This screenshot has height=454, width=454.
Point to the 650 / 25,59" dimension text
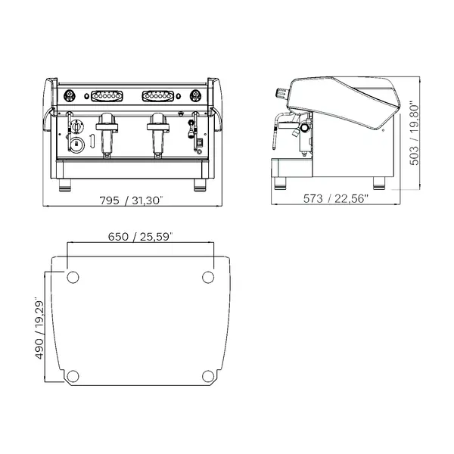pos(141,236)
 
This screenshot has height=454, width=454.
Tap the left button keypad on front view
pos(107,95)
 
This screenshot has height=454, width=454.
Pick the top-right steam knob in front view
pos(197,95)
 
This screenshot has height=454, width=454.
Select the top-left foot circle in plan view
pos(72,278)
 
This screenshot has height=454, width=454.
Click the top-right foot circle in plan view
pos(209,278)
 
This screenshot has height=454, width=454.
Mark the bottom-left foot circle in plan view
pos(72,376)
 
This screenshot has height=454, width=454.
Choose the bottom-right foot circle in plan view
pos(209,376)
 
